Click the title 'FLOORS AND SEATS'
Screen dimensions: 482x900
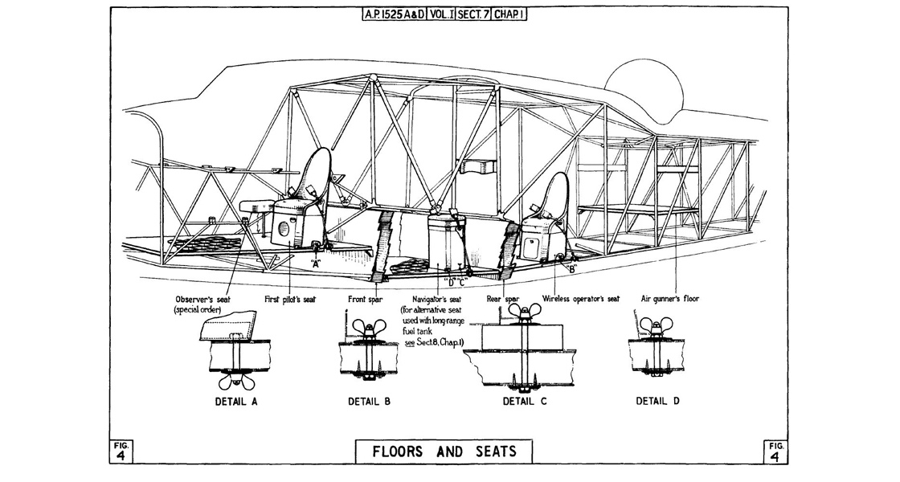click(x=444, y=451)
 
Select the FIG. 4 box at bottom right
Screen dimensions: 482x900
click(x=775, y=451)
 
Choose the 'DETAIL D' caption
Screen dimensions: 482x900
click(x=657, y=401)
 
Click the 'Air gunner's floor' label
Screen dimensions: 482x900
click(x=669, y=299)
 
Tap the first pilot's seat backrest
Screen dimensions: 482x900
click(x=320, y=173)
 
